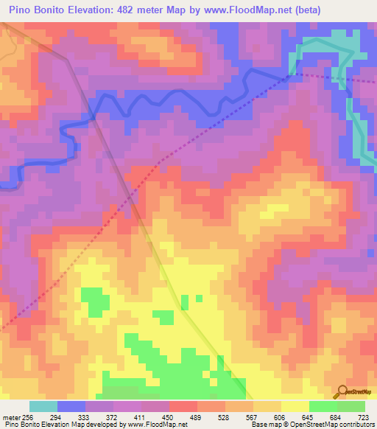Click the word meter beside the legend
10,417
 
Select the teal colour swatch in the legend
43,406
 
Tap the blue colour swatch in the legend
71,406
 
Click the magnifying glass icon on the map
342,391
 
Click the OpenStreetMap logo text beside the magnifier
360,394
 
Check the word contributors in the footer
356,425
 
